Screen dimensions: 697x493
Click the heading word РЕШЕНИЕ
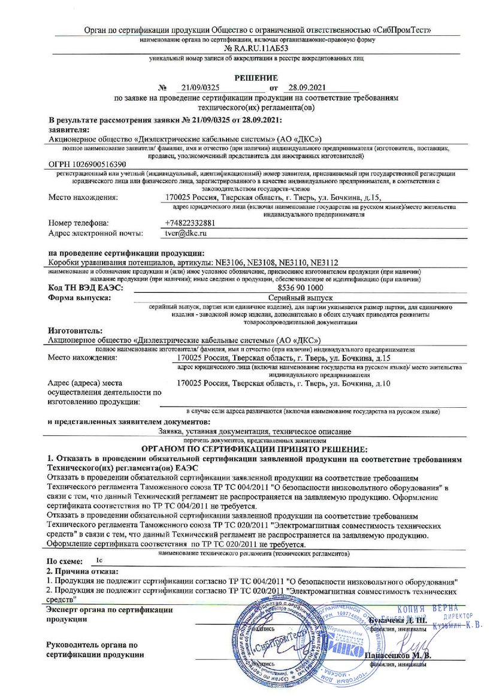tap(256, 78)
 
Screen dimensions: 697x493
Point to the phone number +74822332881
tap(189, 223)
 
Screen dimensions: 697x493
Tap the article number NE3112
tap(324, 262)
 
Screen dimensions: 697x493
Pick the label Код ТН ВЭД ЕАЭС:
tap(85, 288)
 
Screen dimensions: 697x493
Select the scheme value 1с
tap(99, 562)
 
